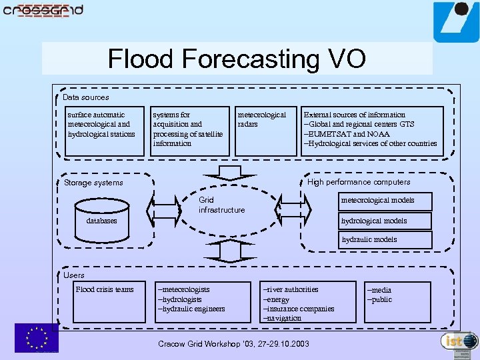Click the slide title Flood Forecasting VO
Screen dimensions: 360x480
237,59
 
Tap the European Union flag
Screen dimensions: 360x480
37,337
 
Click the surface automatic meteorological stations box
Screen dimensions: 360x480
104,131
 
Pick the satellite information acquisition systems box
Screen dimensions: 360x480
189,131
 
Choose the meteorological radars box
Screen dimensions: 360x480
265,131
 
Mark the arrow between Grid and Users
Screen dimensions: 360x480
230,251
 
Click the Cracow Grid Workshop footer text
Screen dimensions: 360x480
233,344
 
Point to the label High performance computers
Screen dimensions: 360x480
359,182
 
